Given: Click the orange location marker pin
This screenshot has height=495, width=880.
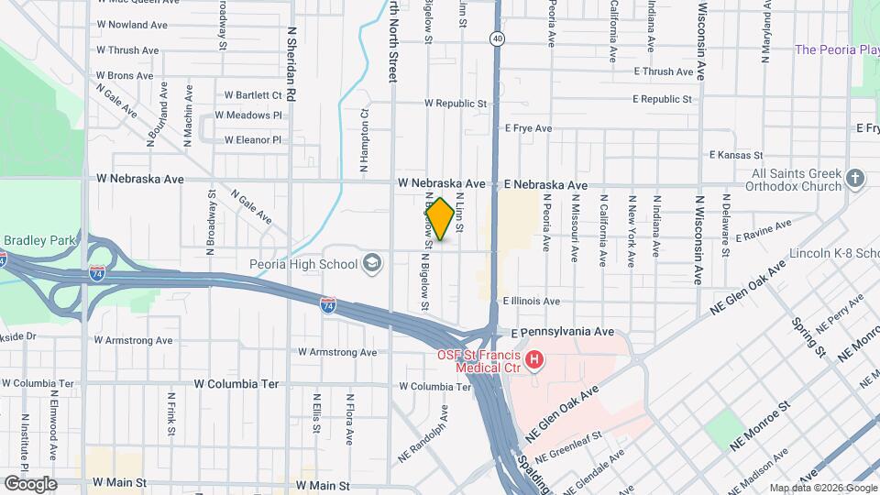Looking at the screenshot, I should tap(440, 219).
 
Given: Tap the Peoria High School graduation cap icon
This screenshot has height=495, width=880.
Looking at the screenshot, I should tap(372, 264).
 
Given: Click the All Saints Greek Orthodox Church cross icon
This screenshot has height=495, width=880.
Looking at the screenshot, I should tap(855, 178).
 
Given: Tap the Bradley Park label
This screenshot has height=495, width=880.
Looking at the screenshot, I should tap(37, 241).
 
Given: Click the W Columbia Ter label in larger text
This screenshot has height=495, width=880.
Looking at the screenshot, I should tap(236, 383).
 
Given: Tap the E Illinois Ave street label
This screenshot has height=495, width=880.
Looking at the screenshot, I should tap(531, 301).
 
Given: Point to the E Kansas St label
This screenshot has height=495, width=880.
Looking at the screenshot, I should tap(735, 156).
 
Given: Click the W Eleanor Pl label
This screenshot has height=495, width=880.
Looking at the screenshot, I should tap(247, 140).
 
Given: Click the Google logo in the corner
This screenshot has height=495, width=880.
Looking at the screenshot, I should tap(29, 483).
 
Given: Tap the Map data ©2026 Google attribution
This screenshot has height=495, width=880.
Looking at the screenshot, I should tap(822, 488).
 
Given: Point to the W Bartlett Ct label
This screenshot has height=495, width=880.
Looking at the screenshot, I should tap(252, 94).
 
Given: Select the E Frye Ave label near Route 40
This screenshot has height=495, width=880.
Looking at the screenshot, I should tap(526, 128).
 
